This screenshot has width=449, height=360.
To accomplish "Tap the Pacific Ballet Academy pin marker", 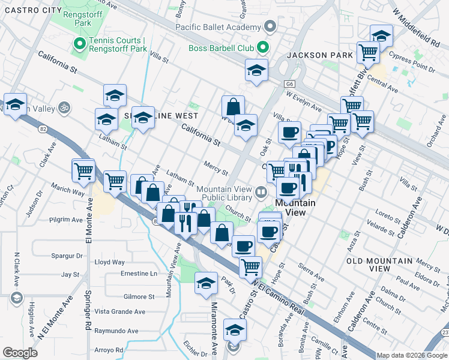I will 270,27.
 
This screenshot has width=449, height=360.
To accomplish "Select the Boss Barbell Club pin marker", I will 262,47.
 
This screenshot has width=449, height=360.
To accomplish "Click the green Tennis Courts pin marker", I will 78,44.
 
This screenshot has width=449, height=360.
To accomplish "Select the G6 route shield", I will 291,85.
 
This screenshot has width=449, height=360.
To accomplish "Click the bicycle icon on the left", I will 64,109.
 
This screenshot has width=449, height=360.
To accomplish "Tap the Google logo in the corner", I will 20,353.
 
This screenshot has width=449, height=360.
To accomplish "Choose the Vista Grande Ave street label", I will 120,311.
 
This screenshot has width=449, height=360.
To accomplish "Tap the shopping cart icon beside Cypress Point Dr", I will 368,52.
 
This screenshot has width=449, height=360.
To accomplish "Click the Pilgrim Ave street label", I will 66,220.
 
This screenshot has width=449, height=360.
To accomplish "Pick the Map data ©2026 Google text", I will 411,355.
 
